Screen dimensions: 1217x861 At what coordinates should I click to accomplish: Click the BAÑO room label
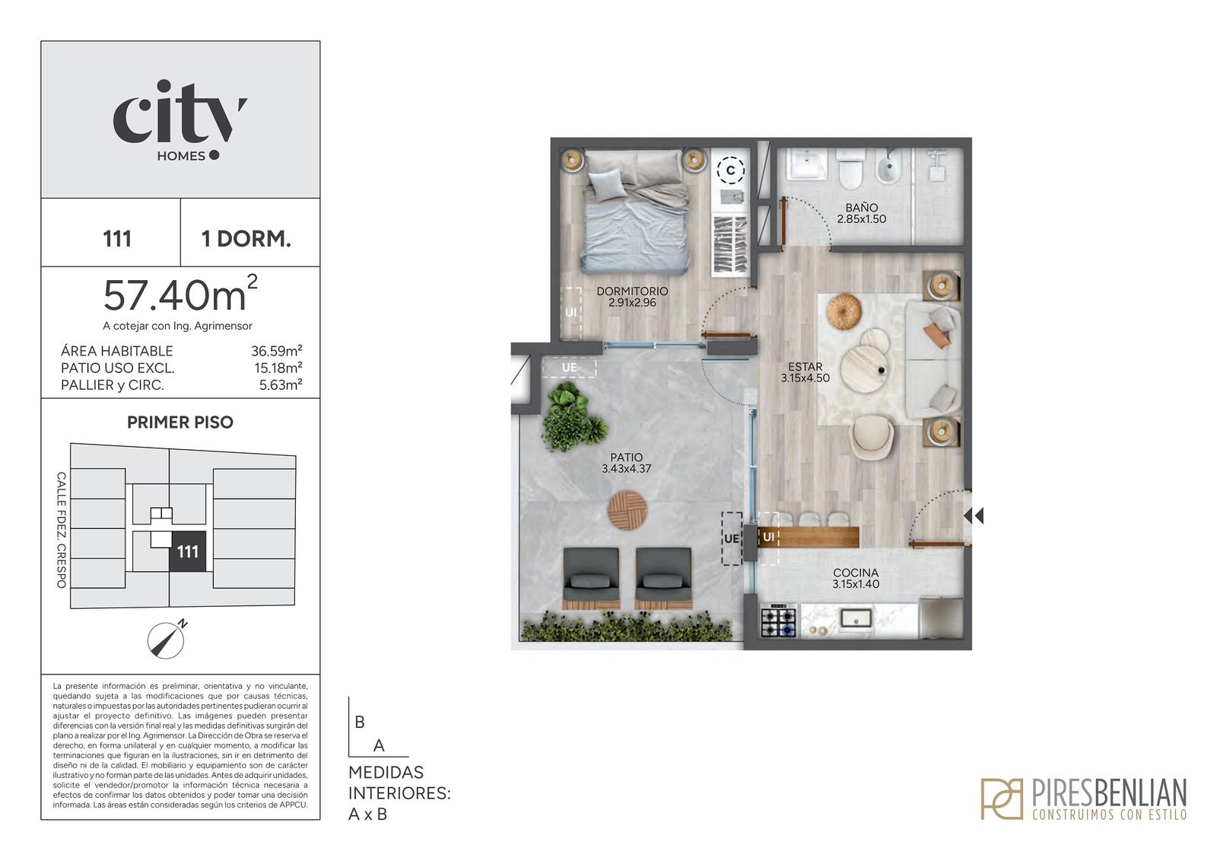click(x=862, y=207)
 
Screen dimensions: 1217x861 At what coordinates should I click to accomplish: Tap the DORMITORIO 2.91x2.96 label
click(x=632, y=297)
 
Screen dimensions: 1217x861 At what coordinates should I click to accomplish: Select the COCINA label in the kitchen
click(x=856, y=572)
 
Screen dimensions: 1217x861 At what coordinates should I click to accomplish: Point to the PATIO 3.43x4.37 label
click(x=627, y=463)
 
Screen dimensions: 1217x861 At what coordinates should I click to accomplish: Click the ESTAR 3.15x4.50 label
click(x=806, y=372)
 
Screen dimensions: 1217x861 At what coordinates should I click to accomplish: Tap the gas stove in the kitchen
click(x=779, y=620)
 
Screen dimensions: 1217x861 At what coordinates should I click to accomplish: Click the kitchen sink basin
click(x=856, y=618)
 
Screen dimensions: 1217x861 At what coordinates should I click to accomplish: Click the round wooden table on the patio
click(x=627, y=510)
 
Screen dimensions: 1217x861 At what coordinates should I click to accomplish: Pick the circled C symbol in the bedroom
click(x=730, y=171)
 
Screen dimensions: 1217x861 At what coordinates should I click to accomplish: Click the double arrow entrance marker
click(x=974, y=515)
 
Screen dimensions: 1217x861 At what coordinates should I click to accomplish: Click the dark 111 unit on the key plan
click(x=187, y=551)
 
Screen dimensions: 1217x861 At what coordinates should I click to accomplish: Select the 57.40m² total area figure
click(x=180, y=295)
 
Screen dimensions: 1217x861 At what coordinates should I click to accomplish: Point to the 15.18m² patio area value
click(x=278, y=368)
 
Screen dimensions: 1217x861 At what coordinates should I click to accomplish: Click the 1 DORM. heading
click(x=246, y=239)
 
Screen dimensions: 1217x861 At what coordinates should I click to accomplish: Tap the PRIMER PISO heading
click(x=180, y=422)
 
